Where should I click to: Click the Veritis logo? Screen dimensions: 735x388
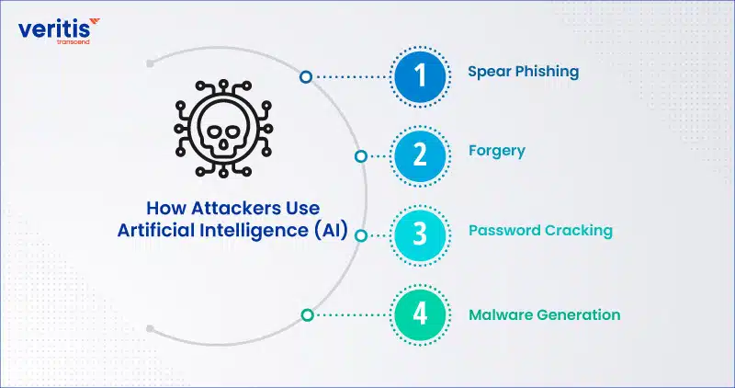tap(59, 31)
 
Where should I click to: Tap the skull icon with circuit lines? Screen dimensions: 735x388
tap(223, 129)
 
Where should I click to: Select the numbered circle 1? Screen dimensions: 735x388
tap(420, 76)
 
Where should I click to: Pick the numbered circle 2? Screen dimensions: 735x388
tap(420, 155)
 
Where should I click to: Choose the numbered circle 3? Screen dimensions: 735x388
tap(420, 235)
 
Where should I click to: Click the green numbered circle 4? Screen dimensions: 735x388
tap(420, 314)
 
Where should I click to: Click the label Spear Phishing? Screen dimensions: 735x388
tap(523, 73)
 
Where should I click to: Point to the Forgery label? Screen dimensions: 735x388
tap(497, 152)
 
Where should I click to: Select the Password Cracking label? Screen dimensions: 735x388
tap(540, 231)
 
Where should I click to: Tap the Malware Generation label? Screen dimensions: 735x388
tap(544, 314)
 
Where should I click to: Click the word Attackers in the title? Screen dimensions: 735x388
tap(232, 208)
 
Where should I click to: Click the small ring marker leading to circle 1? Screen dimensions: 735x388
tap(306, 77)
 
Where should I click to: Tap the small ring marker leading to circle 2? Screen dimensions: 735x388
tap(360, 156)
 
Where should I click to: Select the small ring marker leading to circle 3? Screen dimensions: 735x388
tap(360, 235)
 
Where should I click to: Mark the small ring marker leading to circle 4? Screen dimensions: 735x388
tap(307, 314)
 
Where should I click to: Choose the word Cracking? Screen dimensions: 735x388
tap(579, 231)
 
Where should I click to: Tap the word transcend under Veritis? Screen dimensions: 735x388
tap(73, 41)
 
